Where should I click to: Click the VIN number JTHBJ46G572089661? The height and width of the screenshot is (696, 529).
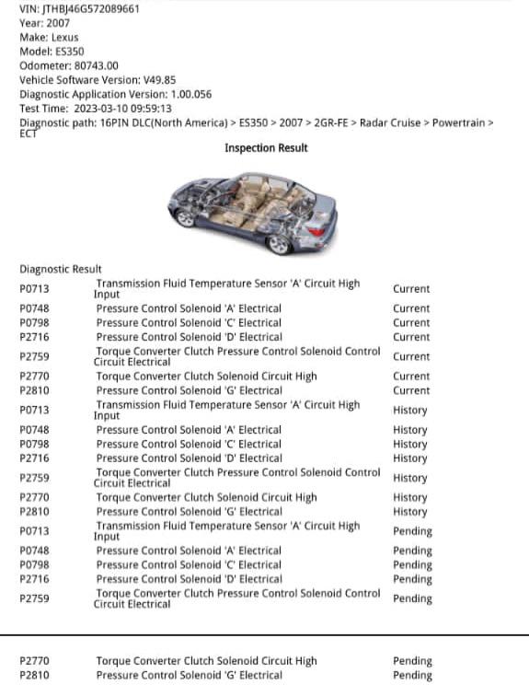[x=92, y=7]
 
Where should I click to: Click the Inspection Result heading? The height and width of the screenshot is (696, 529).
[x=266, y=148]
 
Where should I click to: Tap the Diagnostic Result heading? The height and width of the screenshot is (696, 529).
[x=61, y=269]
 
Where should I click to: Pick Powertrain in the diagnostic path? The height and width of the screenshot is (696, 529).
[x=463, y=122]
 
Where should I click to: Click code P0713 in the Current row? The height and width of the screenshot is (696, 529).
[x=34, y=289]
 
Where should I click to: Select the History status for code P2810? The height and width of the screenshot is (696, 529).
[x=409, y=512]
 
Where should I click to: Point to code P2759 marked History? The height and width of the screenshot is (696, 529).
[x=34, y=478]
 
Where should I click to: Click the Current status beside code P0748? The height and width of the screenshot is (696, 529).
[x=410, y=308]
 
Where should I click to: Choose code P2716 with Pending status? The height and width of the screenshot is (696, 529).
[x=34, y=579]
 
